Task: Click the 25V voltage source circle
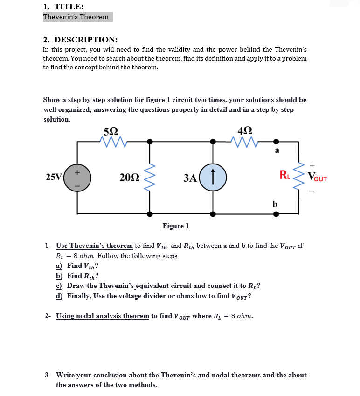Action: pos(77,178)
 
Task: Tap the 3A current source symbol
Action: pos(213,178)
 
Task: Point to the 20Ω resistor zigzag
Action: pos(149,178)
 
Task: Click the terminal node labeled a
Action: pos(276,141)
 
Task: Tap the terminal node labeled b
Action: pos(276,214)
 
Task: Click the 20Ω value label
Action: pos(128,178)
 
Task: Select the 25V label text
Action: pos(54,177)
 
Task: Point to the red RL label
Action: pos(284,176)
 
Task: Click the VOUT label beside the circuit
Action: pos(317,178)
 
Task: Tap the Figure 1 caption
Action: pos(176,226)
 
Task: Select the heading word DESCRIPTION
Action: pos(86,40)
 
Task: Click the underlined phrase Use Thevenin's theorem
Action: pos(94,246)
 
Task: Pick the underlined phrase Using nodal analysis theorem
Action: pos(103,316)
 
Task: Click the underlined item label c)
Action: pos(59,286)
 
